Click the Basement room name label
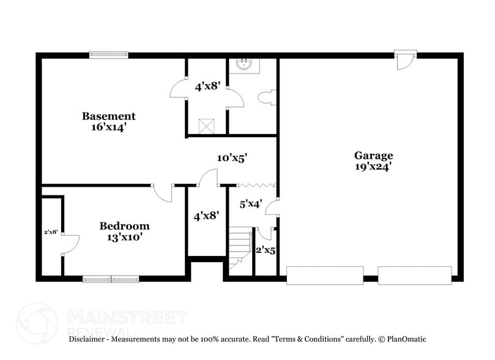(109, 116)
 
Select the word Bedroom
(124, 226)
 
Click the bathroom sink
(244, 64)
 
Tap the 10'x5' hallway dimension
(232, 158)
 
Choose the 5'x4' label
(250, 204)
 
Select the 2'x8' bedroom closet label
(50, 232)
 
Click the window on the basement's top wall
(108, 54)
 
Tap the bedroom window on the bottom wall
(111, 279)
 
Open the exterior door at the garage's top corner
(404, 59)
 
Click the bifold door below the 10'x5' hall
(256, 184)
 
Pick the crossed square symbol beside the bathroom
(207, 125)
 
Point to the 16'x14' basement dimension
(109, 127)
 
